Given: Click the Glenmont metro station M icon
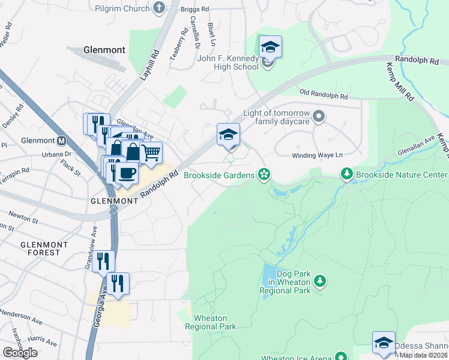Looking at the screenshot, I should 61,142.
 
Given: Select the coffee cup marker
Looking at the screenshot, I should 126,173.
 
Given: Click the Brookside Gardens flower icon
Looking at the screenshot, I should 263,175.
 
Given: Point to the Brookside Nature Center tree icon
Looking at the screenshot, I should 346,175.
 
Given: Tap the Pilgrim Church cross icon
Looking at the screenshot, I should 159,7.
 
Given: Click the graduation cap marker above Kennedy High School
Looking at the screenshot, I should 270,47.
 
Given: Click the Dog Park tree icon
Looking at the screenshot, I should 320,281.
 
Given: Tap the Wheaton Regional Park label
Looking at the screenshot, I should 210,322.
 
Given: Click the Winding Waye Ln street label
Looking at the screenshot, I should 317,155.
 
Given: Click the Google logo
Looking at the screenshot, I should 20,353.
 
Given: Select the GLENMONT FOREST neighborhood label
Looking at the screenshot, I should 40,248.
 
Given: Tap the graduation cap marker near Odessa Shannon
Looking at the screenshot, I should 384,342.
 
